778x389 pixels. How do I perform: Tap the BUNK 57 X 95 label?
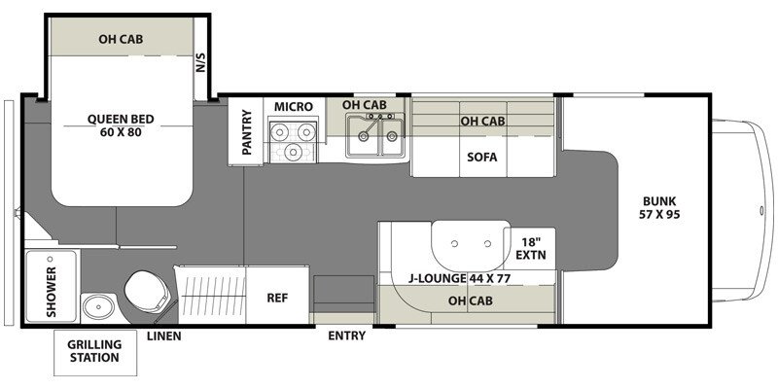coord(659,208)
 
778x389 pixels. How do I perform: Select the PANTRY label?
coord(247,132)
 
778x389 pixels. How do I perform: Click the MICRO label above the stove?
coord(294,107)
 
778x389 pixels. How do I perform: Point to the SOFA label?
coord(481,158)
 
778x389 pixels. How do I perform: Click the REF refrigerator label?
coord(277,298)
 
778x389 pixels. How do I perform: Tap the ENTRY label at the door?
coord(347,336)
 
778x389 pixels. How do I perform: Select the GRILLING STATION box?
coord(94,352)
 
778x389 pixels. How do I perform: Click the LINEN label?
coord(163,336)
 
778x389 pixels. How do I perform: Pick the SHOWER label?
coord(52,292)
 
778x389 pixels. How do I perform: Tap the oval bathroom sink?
coord(99,307)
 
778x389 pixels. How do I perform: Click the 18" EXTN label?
coord(530,249)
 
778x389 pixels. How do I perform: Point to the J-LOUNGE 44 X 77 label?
coord(459,278)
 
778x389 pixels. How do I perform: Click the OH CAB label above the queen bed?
coord(121,39)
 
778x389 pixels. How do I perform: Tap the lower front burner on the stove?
coord(294,150)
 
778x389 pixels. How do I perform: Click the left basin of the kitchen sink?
coord(364,135)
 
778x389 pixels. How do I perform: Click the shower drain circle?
coord(50,260)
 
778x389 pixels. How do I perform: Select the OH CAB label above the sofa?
coord(482,121)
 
